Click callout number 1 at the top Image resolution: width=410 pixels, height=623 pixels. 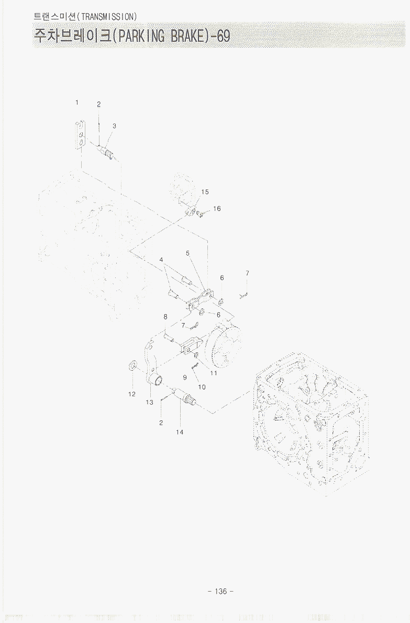tap(76, 103)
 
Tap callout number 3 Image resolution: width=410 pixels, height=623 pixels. tap(115, 126)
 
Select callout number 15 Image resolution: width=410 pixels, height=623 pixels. tap(205, 192)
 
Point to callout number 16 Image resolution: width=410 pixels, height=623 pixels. tap(217, 208)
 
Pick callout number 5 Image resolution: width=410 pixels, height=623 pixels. tap(187, 253)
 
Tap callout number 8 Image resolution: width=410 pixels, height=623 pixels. tap(165, 317)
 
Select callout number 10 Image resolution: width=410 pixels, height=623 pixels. tap(202, 387)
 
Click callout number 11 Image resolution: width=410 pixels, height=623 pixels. tap(214, 373)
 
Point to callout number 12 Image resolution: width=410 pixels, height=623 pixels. tap(132, 394)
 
